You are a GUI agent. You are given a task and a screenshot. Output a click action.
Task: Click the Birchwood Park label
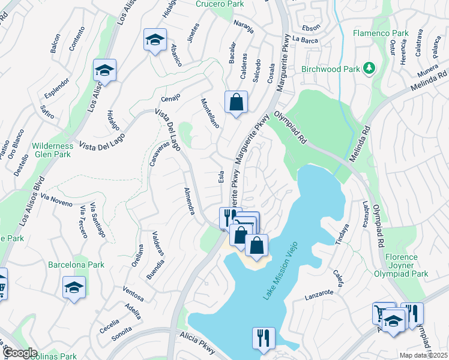331,69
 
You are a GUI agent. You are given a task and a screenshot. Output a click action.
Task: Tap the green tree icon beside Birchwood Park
371,68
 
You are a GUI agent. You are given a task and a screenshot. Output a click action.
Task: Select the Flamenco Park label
380,33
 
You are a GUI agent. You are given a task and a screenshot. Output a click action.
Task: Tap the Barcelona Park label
77,265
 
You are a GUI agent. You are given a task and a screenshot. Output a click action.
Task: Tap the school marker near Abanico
155,40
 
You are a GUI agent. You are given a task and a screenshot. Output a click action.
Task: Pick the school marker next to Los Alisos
104,71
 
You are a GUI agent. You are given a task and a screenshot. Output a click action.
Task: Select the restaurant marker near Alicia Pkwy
264,338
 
